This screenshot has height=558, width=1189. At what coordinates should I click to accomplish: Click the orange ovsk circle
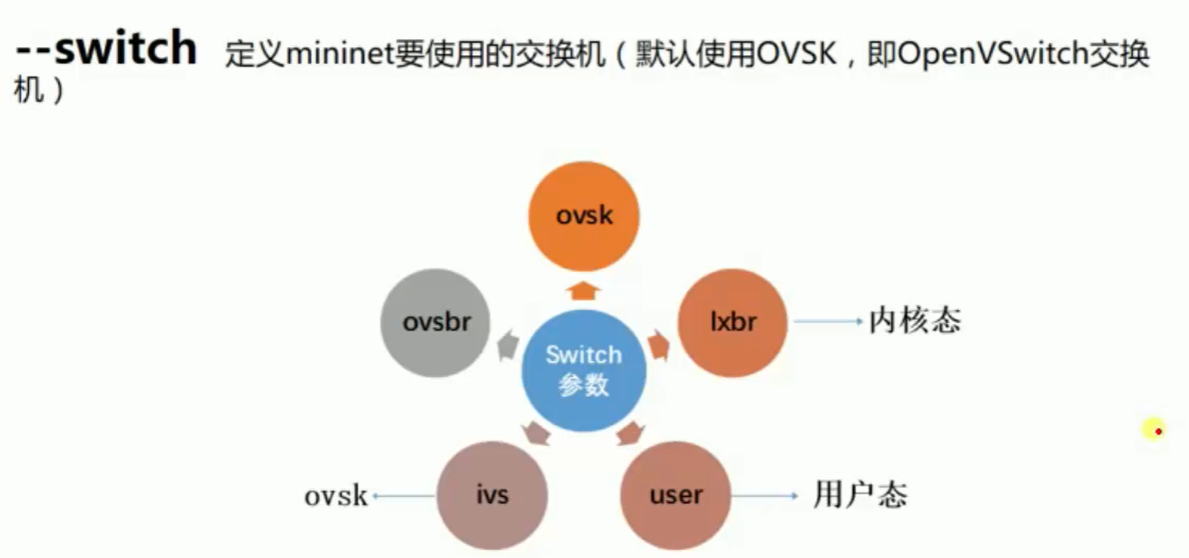584,216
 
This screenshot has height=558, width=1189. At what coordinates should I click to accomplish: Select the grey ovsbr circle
436,323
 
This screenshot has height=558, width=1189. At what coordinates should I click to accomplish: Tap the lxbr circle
732,323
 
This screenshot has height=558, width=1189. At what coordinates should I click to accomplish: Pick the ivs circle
492,495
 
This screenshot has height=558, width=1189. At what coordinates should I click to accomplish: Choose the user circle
675,495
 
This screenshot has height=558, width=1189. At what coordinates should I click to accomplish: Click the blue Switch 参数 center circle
584,369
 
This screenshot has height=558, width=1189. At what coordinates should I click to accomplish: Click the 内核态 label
914,321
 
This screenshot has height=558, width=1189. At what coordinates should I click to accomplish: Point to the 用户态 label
860,494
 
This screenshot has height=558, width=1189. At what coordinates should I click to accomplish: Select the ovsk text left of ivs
336,496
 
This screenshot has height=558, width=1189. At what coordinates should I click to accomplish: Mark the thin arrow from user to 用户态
765,495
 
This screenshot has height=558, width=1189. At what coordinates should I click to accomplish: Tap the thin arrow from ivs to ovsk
403,496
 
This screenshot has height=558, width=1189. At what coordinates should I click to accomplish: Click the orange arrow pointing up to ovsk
584,290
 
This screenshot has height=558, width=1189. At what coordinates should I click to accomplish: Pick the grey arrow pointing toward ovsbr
508,346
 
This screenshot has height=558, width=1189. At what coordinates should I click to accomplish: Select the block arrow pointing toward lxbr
658,346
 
